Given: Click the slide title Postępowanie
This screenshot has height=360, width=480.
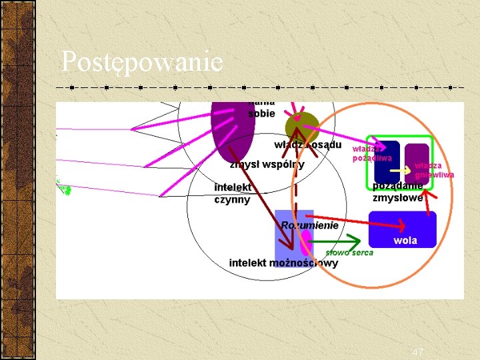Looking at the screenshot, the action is pos(142,62).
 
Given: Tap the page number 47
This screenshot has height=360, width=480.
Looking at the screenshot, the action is pos(418,352).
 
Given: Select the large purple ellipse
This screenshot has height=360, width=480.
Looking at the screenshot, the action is pos(231,130).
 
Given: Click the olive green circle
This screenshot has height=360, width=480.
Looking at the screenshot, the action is pos(301,127).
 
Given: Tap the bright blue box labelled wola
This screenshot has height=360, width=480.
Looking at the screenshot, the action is pos(402,229).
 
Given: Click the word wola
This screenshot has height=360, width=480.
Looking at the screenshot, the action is pos(405,241).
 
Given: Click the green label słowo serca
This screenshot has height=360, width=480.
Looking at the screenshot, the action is pos(349,253).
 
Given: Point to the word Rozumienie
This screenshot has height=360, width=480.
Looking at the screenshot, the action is pos(310,225).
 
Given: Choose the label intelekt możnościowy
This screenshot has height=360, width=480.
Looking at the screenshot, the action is pos(283,263).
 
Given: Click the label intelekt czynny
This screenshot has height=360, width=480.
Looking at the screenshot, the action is pos(233,193).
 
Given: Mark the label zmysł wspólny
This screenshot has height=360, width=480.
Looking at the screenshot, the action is pos(267,165).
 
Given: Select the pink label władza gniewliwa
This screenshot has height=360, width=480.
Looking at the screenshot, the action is pos(433,170).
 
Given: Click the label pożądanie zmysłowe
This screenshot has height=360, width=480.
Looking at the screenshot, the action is pos(397,192).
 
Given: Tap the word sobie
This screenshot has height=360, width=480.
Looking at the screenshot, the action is pos(261,113).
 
